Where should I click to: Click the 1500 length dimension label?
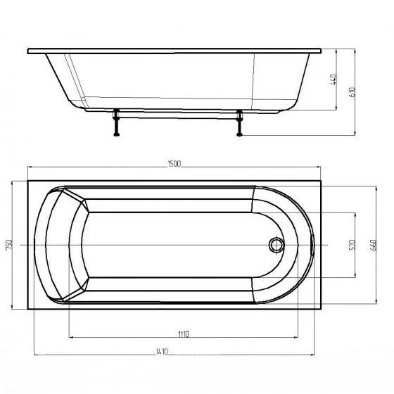tap(174, 164)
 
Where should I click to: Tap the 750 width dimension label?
tap(8, 245)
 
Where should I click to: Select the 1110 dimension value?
tap(184, 334)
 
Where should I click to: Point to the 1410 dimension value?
tap(162, 351)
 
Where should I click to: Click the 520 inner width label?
tap(352, 245)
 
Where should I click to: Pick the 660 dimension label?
tap(373, 246)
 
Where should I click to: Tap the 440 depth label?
tap(333, 79)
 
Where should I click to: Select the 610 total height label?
tap(352, 92)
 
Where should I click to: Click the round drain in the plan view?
tap(277, 245)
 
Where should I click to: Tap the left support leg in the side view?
tap(116, 122)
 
